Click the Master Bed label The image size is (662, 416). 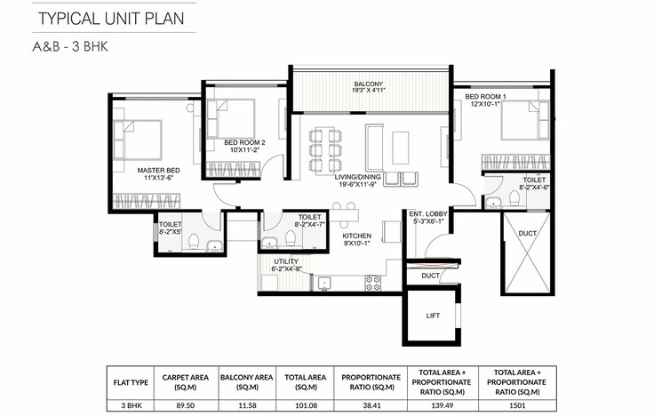(x=159, y=173)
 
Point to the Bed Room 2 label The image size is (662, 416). (x=243, y=146)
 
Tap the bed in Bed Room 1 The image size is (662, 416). (x=519, y=120)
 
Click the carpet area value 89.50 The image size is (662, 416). (x=184, y=404)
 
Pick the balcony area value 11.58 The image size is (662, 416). (x=247, y=404)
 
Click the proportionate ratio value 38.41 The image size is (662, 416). (x=369, y=404)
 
